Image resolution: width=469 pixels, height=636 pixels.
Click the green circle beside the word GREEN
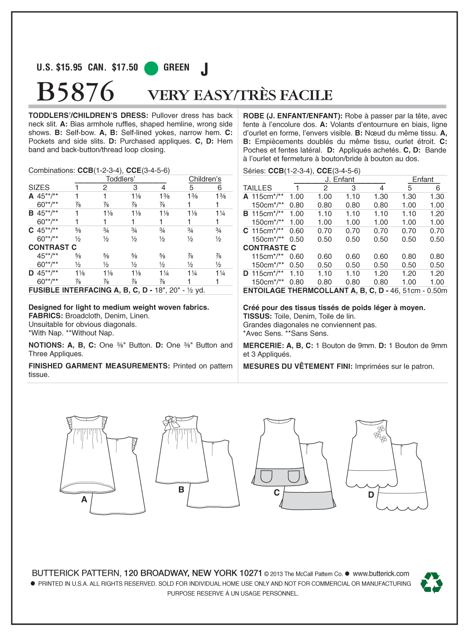click(x=151, y=68)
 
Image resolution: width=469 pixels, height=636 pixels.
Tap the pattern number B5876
click(x=76, y=92)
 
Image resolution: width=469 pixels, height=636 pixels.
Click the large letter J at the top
click(x=204, y=69)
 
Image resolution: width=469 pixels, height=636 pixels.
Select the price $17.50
click(x=125, y=67)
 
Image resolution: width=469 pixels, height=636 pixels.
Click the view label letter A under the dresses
click(x=84, y=500)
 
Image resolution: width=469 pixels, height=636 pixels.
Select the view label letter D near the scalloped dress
click(x=371, y=495)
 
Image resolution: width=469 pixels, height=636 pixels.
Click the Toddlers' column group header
click(x=120, y=179)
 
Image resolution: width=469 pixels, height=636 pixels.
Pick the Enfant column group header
click(x=423, y=179)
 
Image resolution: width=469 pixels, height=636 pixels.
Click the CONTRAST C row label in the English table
click(x=52, y=247)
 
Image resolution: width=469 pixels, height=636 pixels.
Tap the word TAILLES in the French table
click(x=258, y=188)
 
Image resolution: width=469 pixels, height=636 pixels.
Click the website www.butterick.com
click(x=381, y=574)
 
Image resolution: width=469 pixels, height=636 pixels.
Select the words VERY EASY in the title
click(x=190, y=95)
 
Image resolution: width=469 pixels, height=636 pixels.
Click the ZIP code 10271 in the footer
click(x=251, y=573)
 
